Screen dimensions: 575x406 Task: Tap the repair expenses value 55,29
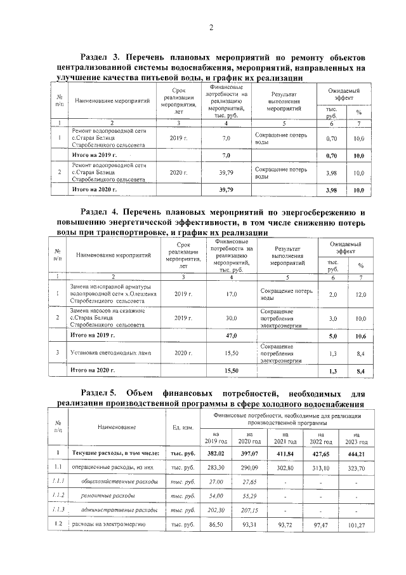coord(249,495)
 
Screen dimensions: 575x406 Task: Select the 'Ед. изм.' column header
coord(183,427)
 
